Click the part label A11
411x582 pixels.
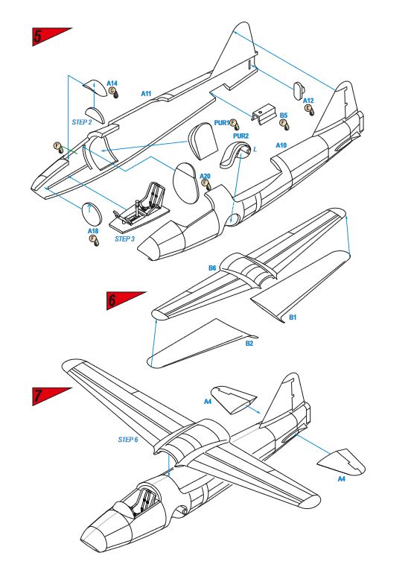click(x=146, y=94)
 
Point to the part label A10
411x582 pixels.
click(x=281, y=145)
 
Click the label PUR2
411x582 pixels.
click(x=240, y=136)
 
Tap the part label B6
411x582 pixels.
click(x=212, y=268)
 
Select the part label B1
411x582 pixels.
click(x=293, y=317)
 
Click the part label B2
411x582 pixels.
click(x=249, y=344)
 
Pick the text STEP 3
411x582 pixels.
click(x=124, y=239)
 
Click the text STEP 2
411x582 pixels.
click(x=82, y=122)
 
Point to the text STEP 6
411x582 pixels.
click(x=128, y=440)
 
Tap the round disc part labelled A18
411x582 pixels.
click(x=91, y=214)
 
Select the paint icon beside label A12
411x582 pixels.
click(x=308, y=110)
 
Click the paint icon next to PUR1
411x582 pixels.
click(x=234, y=124)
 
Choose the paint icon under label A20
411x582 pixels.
click(x=205, y=185)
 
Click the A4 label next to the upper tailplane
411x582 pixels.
click(x=208, y=401)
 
